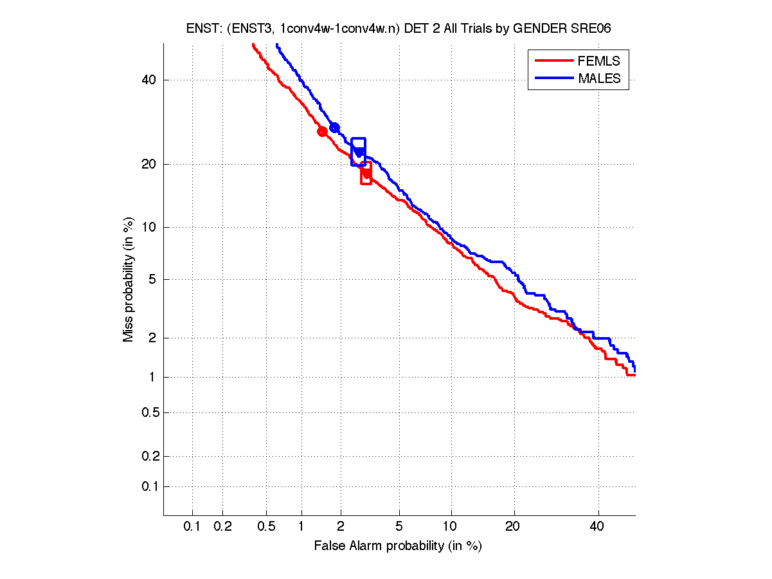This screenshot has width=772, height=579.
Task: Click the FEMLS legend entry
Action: [x=599, y=61]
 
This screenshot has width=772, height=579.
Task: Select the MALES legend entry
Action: [x=599, y=78]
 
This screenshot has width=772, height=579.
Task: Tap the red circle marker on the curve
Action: [x=323, y=131]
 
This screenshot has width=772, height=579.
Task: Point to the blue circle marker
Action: [x=334, y=127]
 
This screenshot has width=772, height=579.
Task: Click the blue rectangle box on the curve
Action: [x=358, y=152]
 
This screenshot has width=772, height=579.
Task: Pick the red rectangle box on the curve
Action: [x=366, y=172]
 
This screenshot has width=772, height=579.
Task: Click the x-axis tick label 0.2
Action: [x=222, y=526]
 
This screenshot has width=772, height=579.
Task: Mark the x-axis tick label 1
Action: [x=301, y=526]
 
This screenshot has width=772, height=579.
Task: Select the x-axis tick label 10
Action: [x=451, y=526]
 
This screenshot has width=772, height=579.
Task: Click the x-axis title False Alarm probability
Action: [x=398, y=546]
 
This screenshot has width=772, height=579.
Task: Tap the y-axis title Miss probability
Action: [x=129, y=279]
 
